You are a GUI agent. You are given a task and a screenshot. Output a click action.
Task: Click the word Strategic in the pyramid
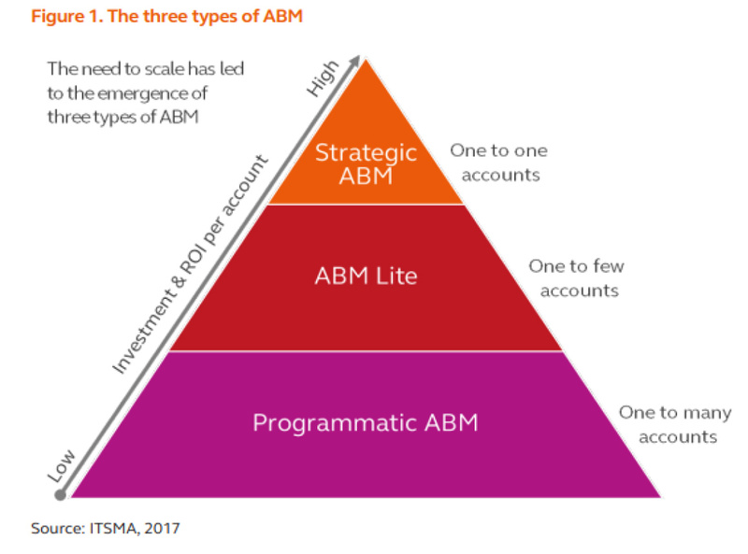coord(366,152)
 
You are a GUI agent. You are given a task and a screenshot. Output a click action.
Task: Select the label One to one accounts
coord(498,162)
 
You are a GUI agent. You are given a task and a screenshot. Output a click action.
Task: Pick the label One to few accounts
coord(575,277)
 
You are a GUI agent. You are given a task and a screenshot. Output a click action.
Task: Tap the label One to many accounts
coord(674,424)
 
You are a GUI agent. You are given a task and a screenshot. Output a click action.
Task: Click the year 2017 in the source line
coord(161,529)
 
